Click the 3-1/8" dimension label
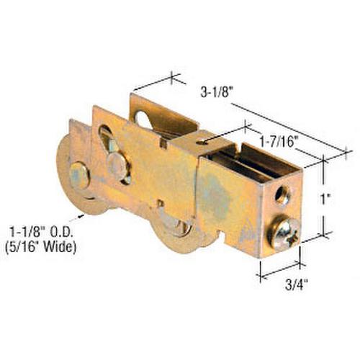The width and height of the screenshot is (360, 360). pyautogui.click(x=217, y=92)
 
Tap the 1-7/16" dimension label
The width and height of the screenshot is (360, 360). pyautogui.click(x=277, y=142)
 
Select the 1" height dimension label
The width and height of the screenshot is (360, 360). pyautogui.click(x=325, y=199)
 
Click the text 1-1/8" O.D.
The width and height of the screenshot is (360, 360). pyautogui.click(x=41, y=233)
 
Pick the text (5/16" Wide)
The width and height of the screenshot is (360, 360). pyautogui.click(x=40, y=246)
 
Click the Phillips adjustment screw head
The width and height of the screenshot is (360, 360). pyautogui.click(x=286, y=233)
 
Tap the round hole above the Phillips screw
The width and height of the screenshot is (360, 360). pyautogui.click(x=282, y=195)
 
